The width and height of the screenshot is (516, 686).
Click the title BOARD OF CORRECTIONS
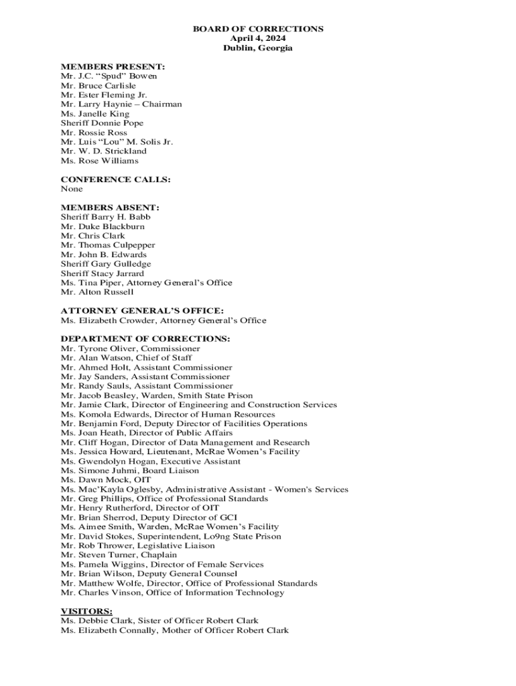[258, 29]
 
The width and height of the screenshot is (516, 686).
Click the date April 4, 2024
[258, 38]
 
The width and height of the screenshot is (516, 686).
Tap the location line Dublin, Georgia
[258, 48]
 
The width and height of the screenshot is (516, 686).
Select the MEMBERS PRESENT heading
[113, 66]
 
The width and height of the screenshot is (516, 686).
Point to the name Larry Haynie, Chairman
[121, 104]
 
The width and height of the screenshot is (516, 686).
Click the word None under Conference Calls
[72, 189]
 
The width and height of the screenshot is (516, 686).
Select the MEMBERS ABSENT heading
[110, 208]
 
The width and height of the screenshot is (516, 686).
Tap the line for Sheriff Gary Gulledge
[106, 264]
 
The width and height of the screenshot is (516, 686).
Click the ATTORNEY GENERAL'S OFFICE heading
[142, 311]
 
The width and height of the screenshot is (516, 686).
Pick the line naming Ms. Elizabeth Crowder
[163, 320]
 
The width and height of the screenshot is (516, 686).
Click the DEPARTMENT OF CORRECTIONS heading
[145, 339]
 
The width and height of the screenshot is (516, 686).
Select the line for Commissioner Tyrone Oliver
[130, 348]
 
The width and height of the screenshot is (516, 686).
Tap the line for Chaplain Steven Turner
[119, 555]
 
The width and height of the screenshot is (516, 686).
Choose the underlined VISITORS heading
[86, 611]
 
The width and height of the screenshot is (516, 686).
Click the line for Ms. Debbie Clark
[159, 620]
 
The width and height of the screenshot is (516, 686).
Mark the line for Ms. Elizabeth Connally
[174, 630]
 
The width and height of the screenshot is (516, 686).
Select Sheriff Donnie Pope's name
[102, 123]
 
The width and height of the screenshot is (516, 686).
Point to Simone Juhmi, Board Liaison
[129, 470]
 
